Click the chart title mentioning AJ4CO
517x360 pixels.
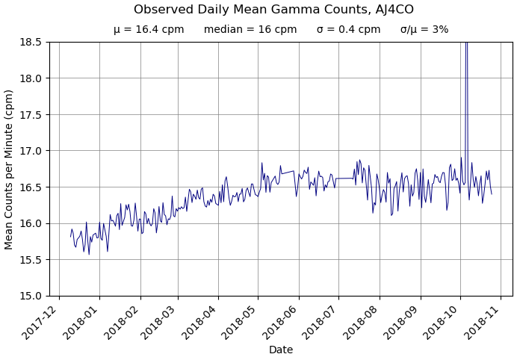point(273,10)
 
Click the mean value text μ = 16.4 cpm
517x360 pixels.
point(149,30)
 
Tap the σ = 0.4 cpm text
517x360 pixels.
point(348,30)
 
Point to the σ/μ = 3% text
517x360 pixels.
point(424,30)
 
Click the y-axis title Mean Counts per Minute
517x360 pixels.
point(10,169)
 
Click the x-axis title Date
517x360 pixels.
point(281,350)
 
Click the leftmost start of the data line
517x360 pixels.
point(71,237)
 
